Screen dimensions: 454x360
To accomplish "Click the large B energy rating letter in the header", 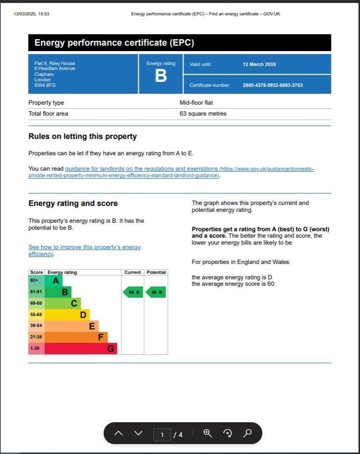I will tap(161, 76).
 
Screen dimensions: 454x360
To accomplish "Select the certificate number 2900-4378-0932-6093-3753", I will tap(272, 85).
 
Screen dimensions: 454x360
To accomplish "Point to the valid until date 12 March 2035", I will tap(259, 65).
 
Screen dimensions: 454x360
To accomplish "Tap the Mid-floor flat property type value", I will tap(196, 103).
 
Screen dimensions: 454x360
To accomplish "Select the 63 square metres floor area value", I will tap(203, 114).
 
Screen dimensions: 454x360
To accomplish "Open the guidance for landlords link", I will tap(141, 169).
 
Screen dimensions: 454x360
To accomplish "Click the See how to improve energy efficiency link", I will tap(84, 247).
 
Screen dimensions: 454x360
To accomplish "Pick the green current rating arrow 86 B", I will tap(132, 292).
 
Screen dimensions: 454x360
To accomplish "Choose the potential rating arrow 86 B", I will tap(156, 292).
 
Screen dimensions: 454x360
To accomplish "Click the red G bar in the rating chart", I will tap(81, 348).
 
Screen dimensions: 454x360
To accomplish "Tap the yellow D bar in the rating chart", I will tap(67, 315).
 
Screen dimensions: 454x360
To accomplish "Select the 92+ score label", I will tap(34, 280).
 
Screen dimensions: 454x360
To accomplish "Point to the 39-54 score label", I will tap(36, 326).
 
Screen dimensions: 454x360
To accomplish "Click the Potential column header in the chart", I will tap(156, 272).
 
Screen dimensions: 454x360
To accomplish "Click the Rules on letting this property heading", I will tap(82, 136).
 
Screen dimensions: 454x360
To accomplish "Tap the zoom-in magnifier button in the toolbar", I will tap(208, 433).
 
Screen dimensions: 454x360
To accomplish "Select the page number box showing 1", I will tap(162, 435).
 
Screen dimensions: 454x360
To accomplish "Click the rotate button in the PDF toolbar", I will tap(228, 433).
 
